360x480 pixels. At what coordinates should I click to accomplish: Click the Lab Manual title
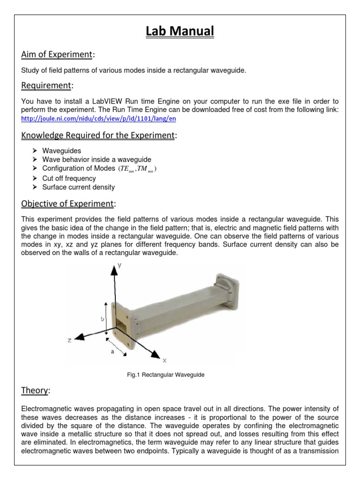pyautogui.click(x=180, y=32)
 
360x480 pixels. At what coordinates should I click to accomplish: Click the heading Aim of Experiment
pyautogui.click(x=57, y=55)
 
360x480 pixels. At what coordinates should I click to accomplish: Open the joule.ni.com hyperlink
pyautogui.click(x=99, y=119)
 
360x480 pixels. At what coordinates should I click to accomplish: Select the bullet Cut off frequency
pyautogui.click(x=69, y=178)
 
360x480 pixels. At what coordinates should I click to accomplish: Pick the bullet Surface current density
pyautogui.click(x=78, y=187)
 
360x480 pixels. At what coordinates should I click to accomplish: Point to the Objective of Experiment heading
pyautogui.click(x=67, y=204)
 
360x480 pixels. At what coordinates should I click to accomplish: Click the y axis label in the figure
pyautogui.click(x=120, y=265)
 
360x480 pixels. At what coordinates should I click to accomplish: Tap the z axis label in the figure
pyautogui.click(x=69, y=340)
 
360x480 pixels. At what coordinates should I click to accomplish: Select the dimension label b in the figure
pyautogui.click(x=102, y=319)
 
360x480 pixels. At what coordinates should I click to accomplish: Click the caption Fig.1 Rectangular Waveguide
pyautogui.click(x=166, y=375)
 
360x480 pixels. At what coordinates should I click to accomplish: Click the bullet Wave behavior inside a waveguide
pyautogui.click(x=97, y=160)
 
